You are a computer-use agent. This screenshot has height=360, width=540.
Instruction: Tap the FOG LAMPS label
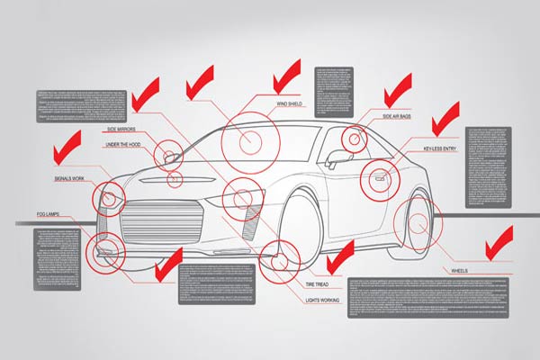(x=52, y=213)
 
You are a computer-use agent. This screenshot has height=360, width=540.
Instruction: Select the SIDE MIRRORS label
(x=121, y=130)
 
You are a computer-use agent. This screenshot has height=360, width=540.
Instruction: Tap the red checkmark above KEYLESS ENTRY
(x=444, y=118)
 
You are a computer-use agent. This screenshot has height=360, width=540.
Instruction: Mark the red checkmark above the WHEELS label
(x=498, y=241)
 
